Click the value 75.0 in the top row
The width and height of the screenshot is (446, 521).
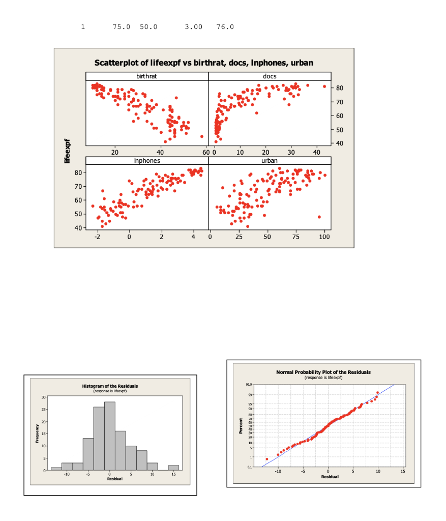tap(122, 26)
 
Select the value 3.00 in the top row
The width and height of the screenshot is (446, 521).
tap(194, 26)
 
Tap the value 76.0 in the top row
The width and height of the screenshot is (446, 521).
tap(225, 26)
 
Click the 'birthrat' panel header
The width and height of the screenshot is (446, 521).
tap(147, 76)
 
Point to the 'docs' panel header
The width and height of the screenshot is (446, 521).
tap(270, 76)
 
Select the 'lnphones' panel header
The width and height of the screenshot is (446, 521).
tap(147, 161)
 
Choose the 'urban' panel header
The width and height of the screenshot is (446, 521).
tap(270, 161)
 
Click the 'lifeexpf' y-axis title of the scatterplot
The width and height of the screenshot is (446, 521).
tap(67, 152)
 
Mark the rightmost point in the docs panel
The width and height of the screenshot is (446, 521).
tap(324, 86)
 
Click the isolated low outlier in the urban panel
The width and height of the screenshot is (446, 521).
tap(319, 217)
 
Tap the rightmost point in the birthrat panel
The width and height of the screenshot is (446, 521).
tap(202, 136)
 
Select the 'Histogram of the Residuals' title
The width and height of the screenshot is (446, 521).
tap(110, 386)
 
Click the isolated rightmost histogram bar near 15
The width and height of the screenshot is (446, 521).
tap(174, 467)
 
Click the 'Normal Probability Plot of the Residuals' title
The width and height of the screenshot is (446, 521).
tap(323, 372)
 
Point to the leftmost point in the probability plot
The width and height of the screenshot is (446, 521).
tap(266, 459)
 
